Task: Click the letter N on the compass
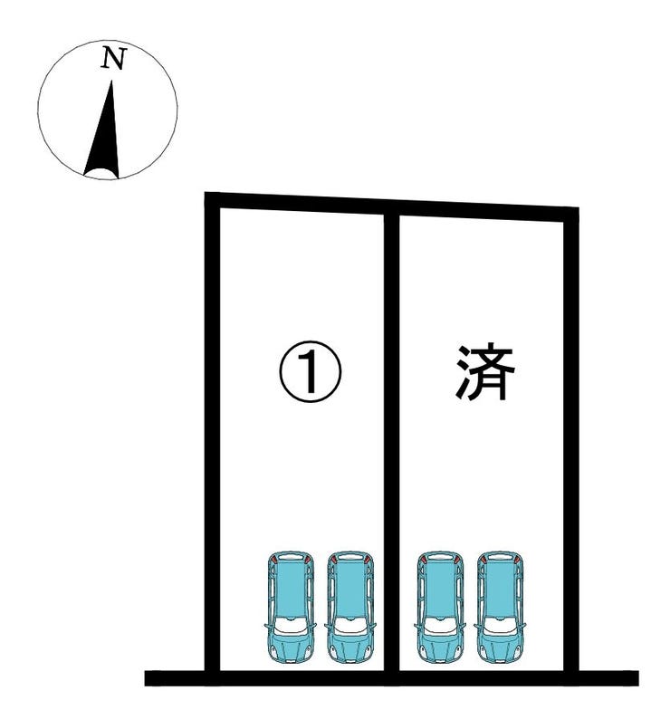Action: [x=113, y=59]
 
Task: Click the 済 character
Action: [x=484, y=372]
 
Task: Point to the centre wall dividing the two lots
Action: [x=392, y=435]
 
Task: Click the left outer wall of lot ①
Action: [x=214, y=435]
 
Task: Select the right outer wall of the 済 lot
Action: [x=571, y=435]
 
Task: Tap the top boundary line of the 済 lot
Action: [x=484, y=209]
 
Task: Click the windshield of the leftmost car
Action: [x=291, y=626]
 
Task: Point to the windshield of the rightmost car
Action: [x=500, y=626]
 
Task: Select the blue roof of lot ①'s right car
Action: [x=349, y=590]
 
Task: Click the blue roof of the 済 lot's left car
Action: [x=440, y=590]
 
